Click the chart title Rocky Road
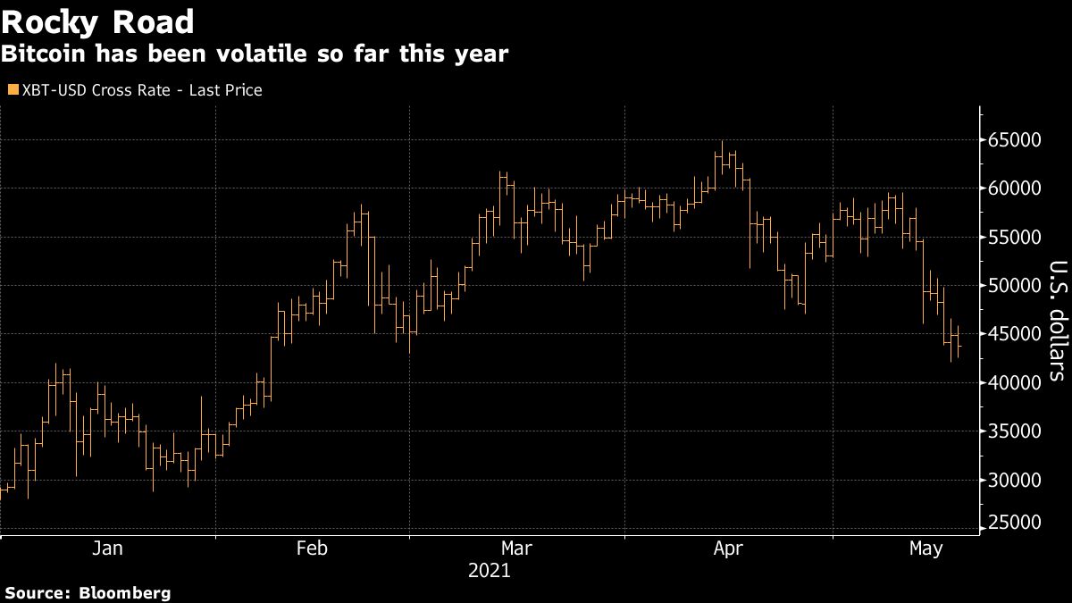[x=98, y=21]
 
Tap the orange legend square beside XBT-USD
[x=12, y=89]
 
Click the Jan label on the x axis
[x=107, y=549]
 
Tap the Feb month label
[x=312, y=549]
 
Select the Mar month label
[x=517, y=549]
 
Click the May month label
[x=925, y=549]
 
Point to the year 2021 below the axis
[x=489, y=570]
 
